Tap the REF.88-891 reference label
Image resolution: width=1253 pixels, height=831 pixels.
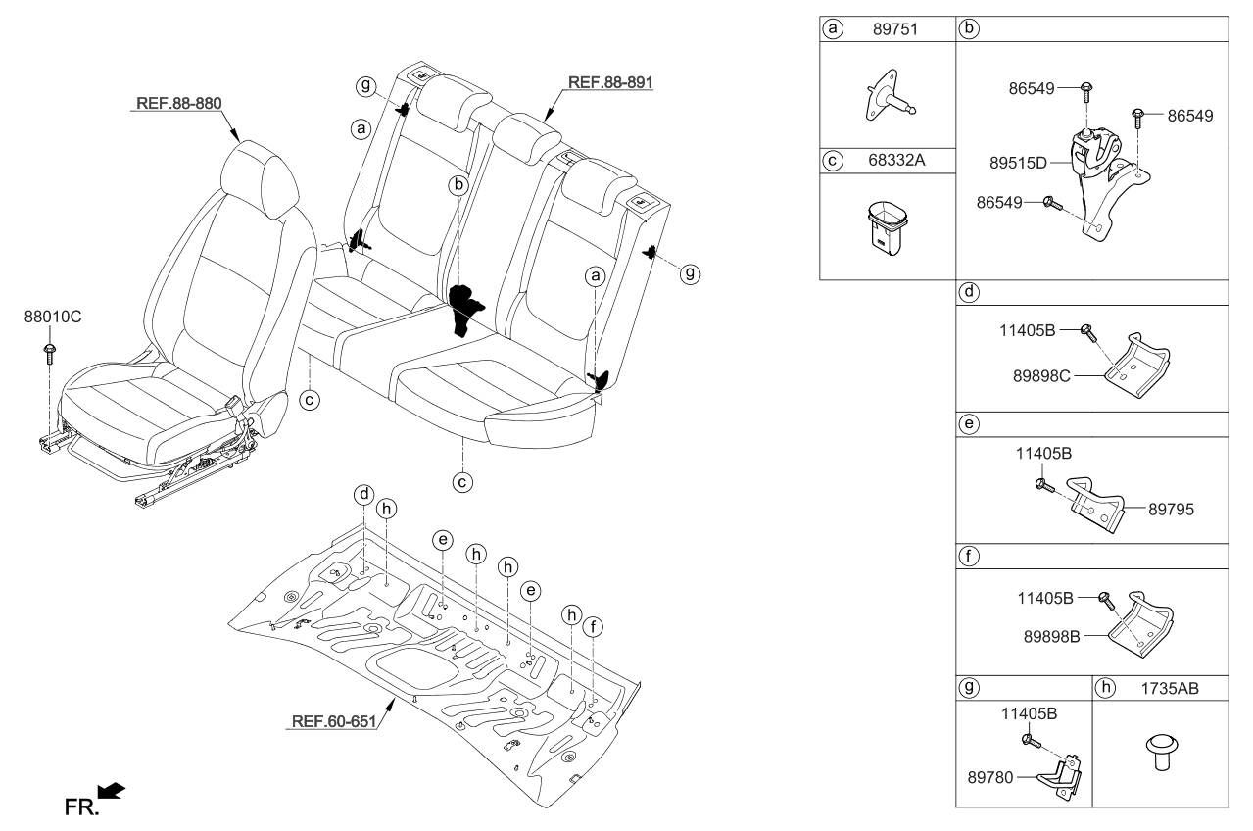[x=605, y=82]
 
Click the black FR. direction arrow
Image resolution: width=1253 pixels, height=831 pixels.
[x=112, y=790]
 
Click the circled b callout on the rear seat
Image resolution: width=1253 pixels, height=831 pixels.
[x=458, y=184]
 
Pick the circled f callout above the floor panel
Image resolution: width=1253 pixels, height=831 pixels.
[x=592, y=627]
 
